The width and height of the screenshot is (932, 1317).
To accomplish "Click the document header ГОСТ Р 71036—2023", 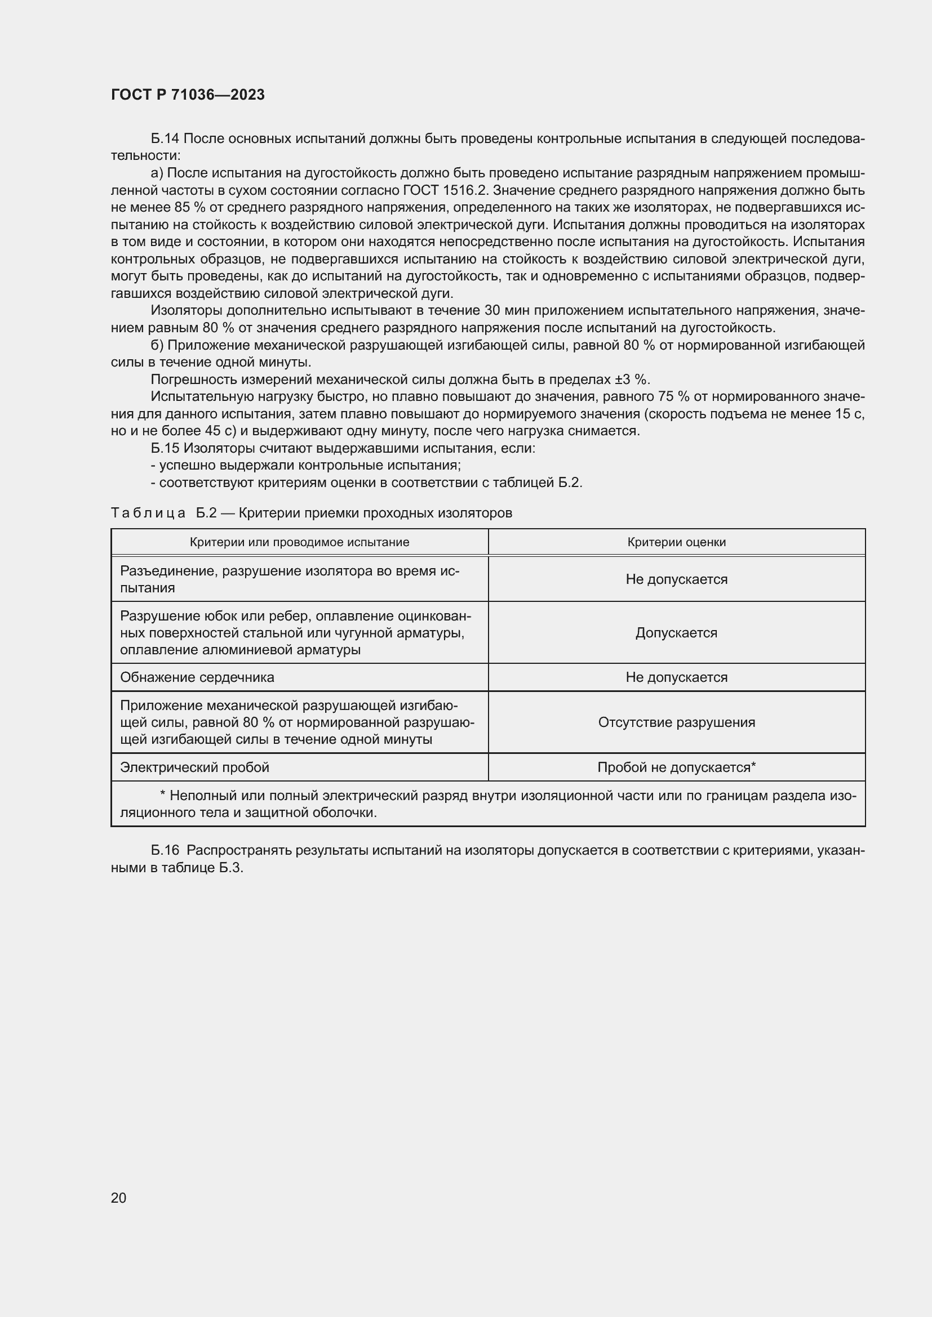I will point(188,95).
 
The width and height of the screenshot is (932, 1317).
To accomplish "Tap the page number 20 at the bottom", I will point(118,1198).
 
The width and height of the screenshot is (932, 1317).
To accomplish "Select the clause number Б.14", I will point(165,139).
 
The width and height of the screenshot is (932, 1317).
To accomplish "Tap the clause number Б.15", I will point(165,449).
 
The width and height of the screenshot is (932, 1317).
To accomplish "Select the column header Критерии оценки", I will point(676,543).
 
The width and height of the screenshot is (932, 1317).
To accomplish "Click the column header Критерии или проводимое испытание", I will point(300,543).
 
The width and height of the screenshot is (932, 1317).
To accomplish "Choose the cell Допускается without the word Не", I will point(676,633).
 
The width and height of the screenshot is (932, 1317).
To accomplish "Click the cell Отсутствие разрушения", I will point(676,723).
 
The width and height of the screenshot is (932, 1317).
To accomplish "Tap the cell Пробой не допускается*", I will point(676,767).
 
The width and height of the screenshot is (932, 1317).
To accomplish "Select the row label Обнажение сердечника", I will point(197,678).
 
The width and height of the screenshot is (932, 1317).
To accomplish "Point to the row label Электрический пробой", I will point(194,767).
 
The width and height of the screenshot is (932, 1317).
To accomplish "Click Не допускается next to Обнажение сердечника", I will point(676,678).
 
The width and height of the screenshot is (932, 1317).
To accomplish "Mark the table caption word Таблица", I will point(148,514).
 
